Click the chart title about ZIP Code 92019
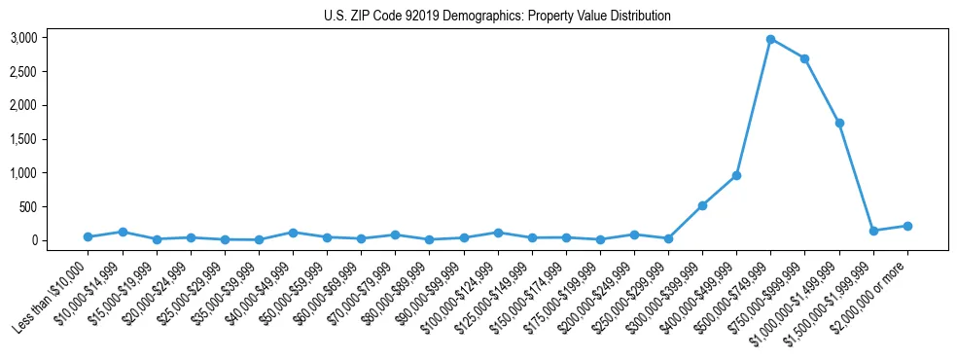click(497, 17)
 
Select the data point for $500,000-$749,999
click(770, 39)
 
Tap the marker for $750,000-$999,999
click(804, 58)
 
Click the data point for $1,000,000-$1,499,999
click(839, 123)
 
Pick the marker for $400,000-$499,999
click(736, 175)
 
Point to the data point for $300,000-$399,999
click(702, 205)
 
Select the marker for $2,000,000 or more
click(907, 226)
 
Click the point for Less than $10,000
click(88, 236)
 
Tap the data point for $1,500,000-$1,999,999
click(873, 231)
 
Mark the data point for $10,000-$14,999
click(122, 232)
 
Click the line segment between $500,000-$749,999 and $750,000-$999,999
click(788, 49)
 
